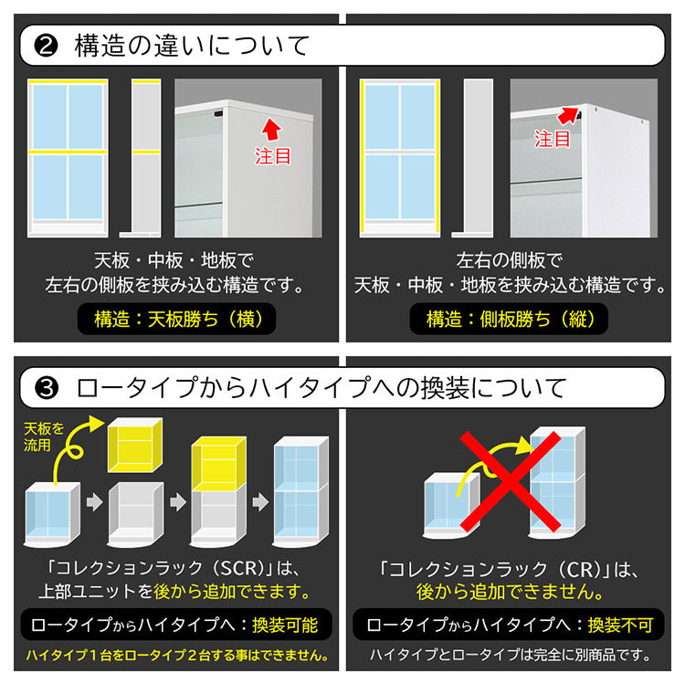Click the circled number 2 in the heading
pyautogui.click(x=46, y=46)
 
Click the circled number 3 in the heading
pyautogui.click(x=47, y=388)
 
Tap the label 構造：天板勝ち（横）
pyautogui.click(x=176, y=319)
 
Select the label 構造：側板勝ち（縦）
pyautogui.click(x=509, y=319)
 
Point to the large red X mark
pyautogui.click(x=511, y=482)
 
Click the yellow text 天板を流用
pyautogui.click(x=44, y=436)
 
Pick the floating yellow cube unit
pyautogui.click(x=135, y=446)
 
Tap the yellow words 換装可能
pyautogui.click(x=285, y=625)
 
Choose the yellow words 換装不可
pyautogui.click(x=620, y=625)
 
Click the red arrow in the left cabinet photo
pyautogui.click(x=271, y=129)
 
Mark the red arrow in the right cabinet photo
pyautogui.click(x=568, y=115)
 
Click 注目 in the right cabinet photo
pyautogui.click(x=552, y=139)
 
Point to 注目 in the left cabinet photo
pyautogui.click(x=273, y=156)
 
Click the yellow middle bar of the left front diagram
pyautogui.click(x=68, y=152)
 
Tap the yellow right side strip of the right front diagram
pyautogui.click(x=437, y=157)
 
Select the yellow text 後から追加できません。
pyautogui.click(x=510, y=592)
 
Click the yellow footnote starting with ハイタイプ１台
pyautogui.click(x=177, y=656)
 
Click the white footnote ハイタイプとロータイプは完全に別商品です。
pyautogui.click(x=510, y=655)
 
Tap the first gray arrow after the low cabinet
pyautogui.click(x=94, y=502)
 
